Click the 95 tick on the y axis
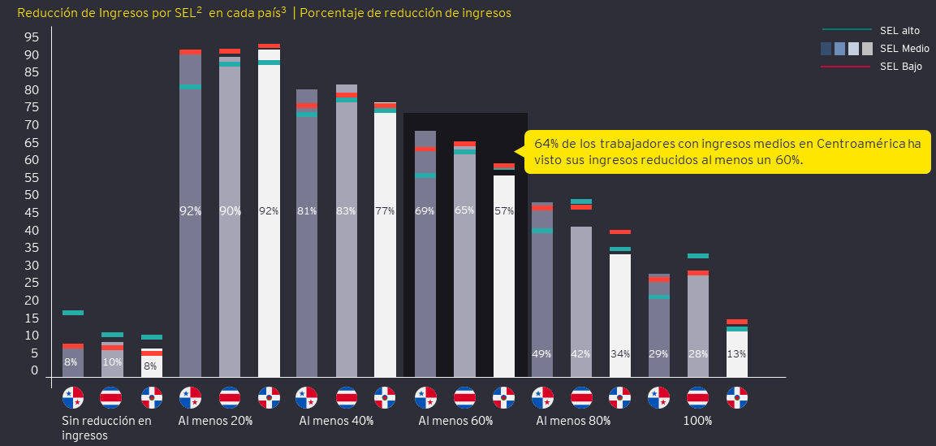[32, 37]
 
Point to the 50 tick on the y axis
[32, 195]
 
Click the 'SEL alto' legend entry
[899, 30]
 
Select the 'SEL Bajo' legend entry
[900, 67]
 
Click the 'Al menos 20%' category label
[215, 421]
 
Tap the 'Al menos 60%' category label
[455, 421]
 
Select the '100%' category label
[697, 421]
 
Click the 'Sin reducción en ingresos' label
[106, 427]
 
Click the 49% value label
[541, 353]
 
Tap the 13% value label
[736, 353]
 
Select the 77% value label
[385, 211]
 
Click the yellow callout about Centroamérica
[727, 152]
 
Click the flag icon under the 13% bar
[737, 398]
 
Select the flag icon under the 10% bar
[111, 398]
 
